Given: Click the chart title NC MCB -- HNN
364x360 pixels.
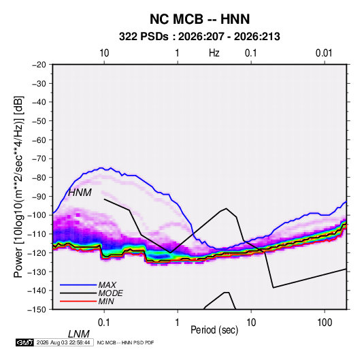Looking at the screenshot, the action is [x=199, y=19].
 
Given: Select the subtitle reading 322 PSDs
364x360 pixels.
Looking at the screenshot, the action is [x=144, y=37].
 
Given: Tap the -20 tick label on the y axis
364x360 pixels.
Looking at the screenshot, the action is [x=39, y=65].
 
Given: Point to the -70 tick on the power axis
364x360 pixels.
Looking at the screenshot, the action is [x=39, y=159].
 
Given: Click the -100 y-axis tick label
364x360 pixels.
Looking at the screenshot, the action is [x=37, y=215].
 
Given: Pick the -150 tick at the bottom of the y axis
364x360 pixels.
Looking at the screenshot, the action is [x=37, y=310].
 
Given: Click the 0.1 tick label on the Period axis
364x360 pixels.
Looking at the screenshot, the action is [x=104, y=323].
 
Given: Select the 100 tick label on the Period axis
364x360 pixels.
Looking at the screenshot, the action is [x=325, y=323].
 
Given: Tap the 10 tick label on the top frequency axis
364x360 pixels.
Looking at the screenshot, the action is [x=104, y=53].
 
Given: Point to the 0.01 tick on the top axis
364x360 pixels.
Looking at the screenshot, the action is [x=324, y=53].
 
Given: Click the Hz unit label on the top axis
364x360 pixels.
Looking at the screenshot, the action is [x=214, y=53].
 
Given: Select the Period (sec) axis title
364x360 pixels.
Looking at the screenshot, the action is [x=214, y=330].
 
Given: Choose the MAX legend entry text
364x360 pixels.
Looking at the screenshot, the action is [x=107, y=285].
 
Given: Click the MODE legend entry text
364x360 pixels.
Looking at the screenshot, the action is [x=110, y=293].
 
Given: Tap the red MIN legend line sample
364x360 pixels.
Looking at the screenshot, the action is [x=78, y=301].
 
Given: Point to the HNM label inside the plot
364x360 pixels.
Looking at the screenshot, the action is [x=80, y=193].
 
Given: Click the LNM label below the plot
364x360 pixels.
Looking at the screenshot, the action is [x=79, y=334].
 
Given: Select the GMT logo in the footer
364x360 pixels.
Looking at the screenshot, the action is [x=25, y=342].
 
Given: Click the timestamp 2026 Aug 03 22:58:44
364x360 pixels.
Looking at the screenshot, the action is [x=63, y=342].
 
